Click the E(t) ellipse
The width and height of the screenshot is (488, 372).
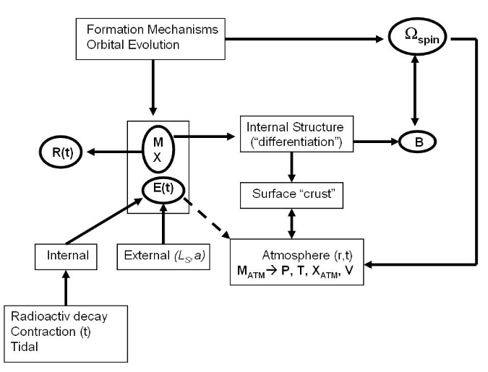[164, 190]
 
